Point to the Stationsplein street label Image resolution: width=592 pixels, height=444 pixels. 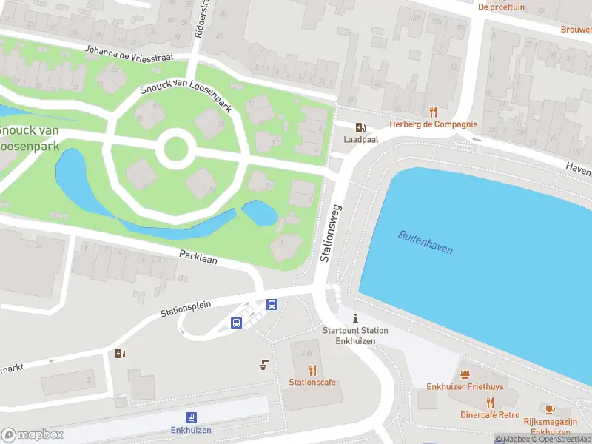pyautogui.click(x=186, y=309)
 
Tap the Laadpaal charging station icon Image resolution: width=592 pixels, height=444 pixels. pyautogui.click(x=360, y=127)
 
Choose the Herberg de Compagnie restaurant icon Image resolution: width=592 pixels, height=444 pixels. pyautogui.click(x=434, y=112)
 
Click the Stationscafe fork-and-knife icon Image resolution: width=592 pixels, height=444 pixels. pyautogui.click(x=312, y=370)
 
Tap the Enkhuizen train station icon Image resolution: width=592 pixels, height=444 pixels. pyautogui.click(x=192, y=417)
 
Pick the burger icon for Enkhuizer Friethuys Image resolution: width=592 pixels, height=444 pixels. pyautogui.click(x=465, y=374)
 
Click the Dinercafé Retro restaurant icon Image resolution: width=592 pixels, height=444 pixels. pyautogui.click(x=490, y=403)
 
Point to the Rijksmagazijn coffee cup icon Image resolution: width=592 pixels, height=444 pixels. pyautogui.click(x=550, y=409)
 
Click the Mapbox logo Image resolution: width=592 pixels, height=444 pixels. pyautogui.click(x=32, y=434)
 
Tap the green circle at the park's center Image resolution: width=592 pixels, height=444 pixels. pyautogui.click(x=175, y=149)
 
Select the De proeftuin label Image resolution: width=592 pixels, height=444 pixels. pyautogui.click(x=501, y=7)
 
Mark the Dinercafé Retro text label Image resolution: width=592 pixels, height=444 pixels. pyautogui.click(x=490, y=415)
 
